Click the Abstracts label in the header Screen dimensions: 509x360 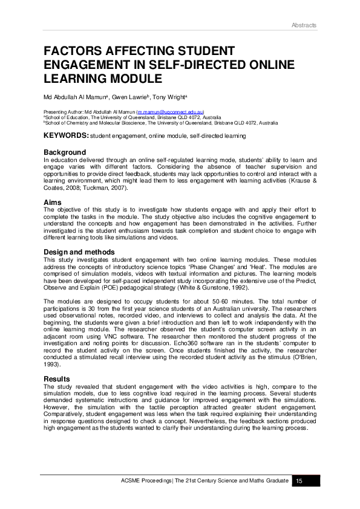click(x=303, y=25)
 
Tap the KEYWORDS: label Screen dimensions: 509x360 click(x=66, y=137)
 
